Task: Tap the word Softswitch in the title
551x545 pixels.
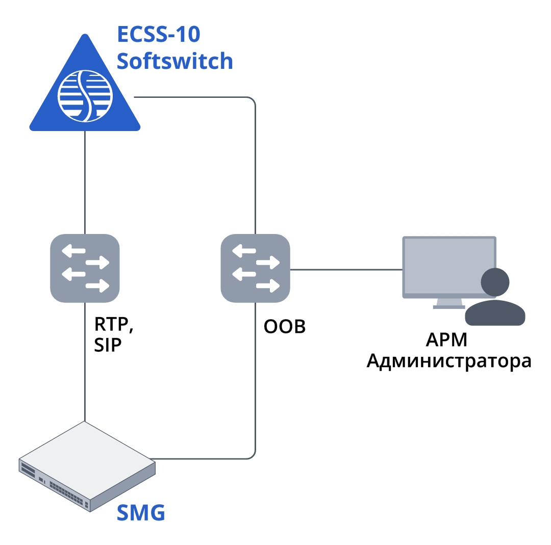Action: [x=174, y=61]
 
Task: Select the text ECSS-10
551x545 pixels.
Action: [x=159, y=35]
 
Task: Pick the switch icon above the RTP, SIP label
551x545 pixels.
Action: [x=85, y=268]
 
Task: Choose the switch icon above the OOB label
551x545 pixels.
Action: [x=255, y=268]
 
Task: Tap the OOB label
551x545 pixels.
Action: [x=284, y=326]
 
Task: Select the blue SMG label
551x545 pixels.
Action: [x=141, y=512]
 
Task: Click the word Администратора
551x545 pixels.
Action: [x=449, y=361]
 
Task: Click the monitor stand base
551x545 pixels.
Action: [x=449, y=307]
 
